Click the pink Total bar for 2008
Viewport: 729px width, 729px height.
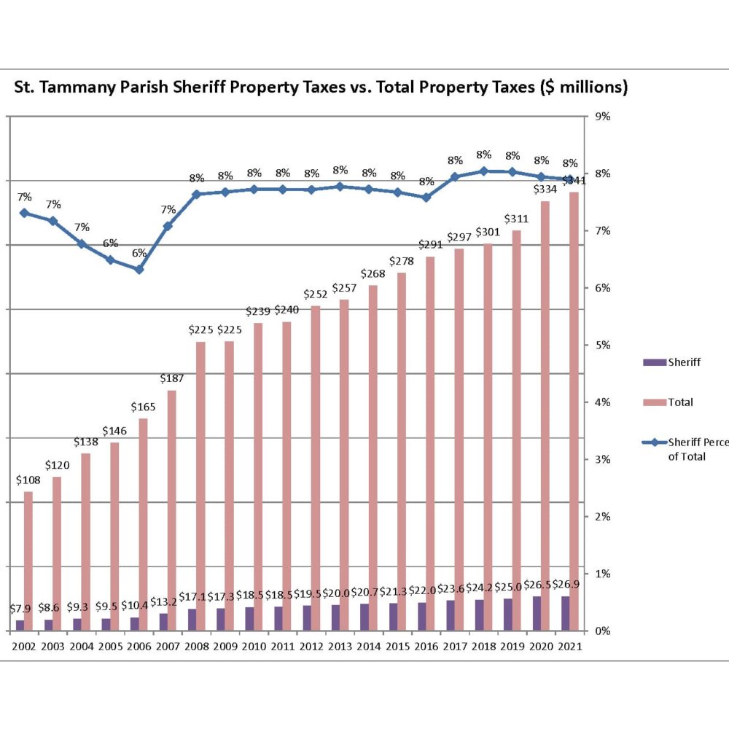pyautogui.click(x=200, y=486)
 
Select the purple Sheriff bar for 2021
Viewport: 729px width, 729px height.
pyautogui.click(x=566, y=613)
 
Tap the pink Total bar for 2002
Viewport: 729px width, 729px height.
pyautogui.click(x=28, y=561)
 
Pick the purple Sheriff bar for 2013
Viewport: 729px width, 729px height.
pyautogui.click(x=336, y=617)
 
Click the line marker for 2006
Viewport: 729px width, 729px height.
pyautogui.click(x=139, y=269)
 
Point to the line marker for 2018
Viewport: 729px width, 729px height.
pyautogui.click(x=483, y=171)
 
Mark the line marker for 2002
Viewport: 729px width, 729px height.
pyautogui.click(x=24, y=213)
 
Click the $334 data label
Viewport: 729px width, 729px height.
pyautogui.click(x=545, y=189)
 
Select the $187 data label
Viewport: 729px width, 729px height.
pyautogui.click(x=172, y=378)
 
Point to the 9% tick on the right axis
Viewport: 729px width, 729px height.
pyautogui.click(x=602, y=117)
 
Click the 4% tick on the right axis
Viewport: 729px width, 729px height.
pyautogui.click(x=602, y=402)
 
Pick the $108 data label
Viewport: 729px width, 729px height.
pyautogui.click(x=28, y=480)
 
